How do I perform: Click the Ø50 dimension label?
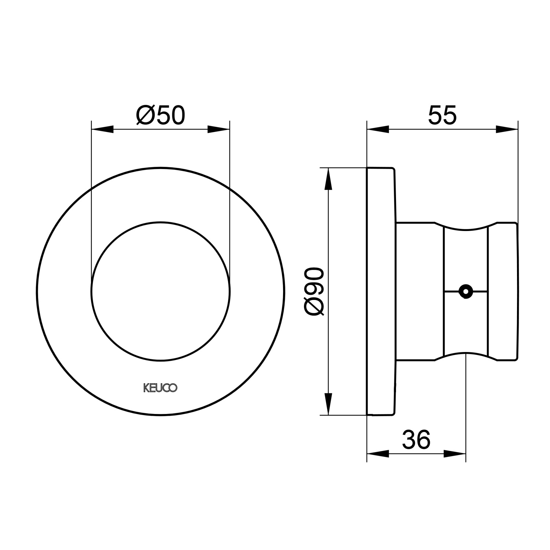(161, 115)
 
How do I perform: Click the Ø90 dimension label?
(315, 291)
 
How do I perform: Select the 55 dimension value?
(442, 115)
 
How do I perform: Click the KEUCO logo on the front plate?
(160, 388)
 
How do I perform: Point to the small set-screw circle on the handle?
(466, 291)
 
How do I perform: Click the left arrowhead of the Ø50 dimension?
(102, 129)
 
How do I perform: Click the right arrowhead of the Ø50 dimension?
(219, 129)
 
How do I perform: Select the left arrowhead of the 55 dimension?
(378, 129)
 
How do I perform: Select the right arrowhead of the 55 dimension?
(507, 129)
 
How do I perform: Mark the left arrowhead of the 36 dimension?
(378, 454)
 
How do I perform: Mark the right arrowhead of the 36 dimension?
(455, 454)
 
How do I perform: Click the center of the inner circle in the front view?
(161, 291)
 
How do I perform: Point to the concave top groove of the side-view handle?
(466, 229)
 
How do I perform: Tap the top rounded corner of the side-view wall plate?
(393, 169)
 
